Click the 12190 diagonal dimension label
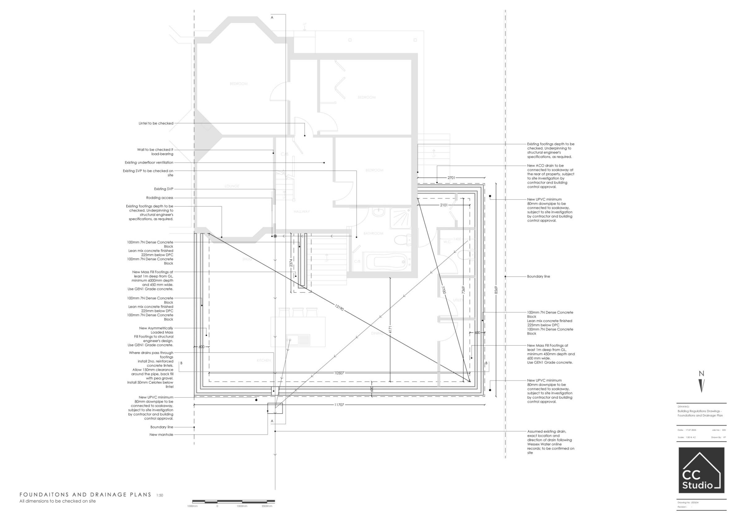pyautogui.click(x=339, y=308)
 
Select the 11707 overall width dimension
pyautogui.click(x=339, y=405)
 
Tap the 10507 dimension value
pyautogui.click(x=339, y=373)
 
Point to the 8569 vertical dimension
pyautogui.click(x=496, y=290)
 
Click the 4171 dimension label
pyautogui.click(x=390, y=330)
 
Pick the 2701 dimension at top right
pyautogui.click(x=451, y=177)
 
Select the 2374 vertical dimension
pyautogui.click(x=291, y=263)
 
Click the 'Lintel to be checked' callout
pyautogui.click(x=156, y=123)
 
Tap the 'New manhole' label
pyautogui.click(x=161, y=435)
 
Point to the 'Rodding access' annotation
pyautogui.click(x=160, y=198)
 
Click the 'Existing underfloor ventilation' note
pyautogui.click(x=149, y=163)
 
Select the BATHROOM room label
pyautogui.click(x=373, y=233)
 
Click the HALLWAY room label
pyautogui.click(x=302, y=212)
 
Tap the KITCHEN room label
pyautogui.click(x=264, y=360)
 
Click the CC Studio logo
pyautogui.click(x=701, y=470)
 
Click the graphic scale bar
pyautogui.click(x=234, y=501)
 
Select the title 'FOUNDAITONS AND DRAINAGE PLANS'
pyautogui.click(x=85, y=494)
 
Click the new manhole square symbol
pyautogui.click(x=275, y=408)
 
